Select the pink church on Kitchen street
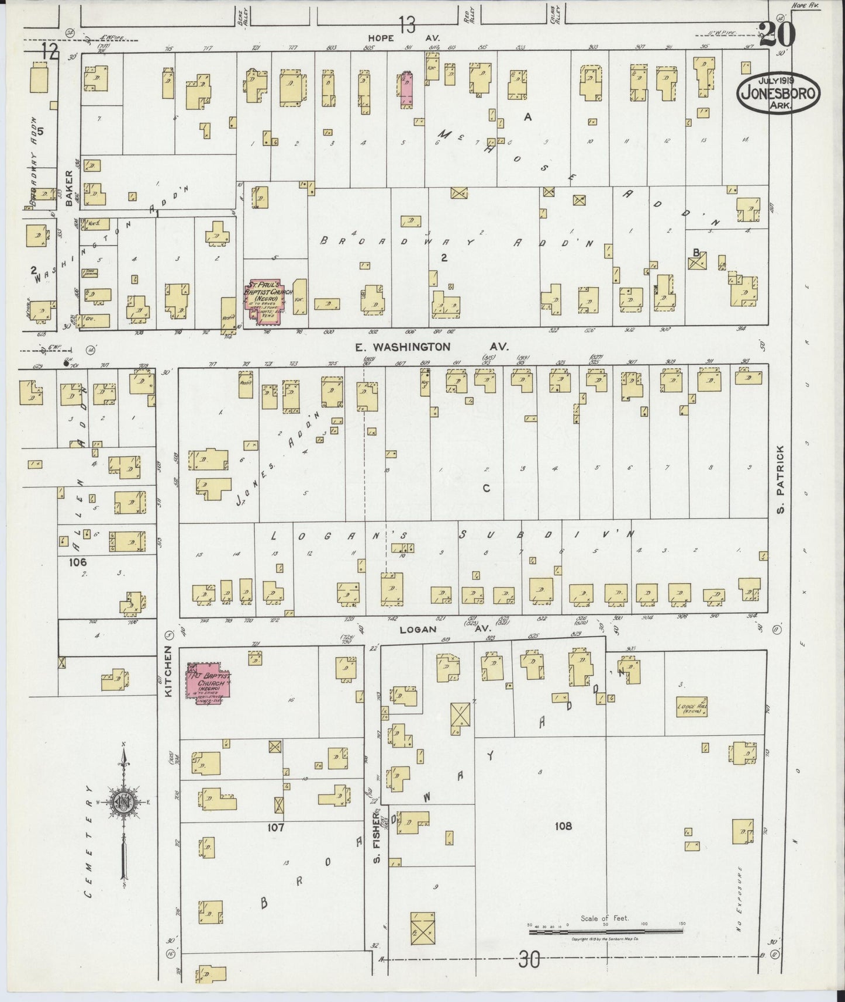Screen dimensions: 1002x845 (208, 679)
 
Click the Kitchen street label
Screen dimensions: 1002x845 (168, 671)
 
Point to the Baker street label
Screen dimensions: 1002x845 (70, 188)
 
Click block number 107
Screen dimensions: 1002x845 (275, 827)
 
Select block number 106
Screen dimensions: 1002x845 (77, 562)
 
